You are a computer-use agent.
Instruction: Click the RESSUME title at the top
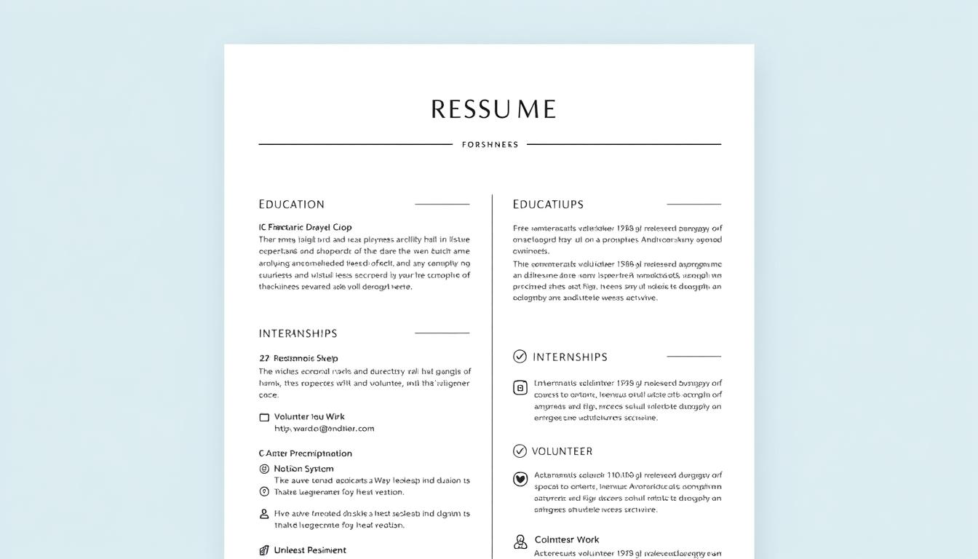pos(493,109)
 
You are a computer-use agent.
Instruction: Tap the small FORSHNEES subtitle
pos(490,145)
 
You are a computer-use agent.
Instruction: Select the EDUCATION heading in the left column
pos(291,205)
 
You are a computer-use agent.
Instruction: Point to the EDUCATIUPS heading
pos(548,205)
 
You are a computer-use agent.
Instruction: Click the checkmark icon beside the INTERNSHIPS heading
pos(520,356)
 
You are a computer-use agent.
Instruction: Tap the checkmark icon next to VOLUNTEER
pos(520,451)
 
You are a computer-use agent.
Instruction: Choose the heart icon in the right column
pos(520,479)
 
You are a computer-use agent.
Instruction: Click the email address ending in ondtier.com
pos(324,429)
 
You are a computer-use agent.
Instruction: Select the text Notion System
pos(303,469)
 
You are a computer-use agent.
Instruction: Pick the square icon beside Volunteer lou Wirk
pos(264,417)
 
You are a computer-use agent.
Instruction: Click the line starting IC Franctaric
pos(305,227)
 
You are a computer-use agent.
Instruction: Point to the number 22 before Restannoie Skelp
pos(264,358)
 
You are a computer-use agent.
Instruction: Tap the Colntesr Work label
pos(567,539)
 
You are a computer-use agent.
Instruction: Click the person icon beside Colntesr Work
pos(520,542)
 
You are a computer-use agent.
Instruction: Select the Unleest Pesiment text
pos(310,550)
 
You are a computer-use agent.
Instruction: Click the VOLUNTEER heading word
pos(562,451)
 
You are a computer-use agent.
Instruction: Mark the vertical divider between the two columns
pos(492,364)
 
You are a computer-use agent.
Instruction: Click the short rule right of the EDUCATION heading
pos(442,205)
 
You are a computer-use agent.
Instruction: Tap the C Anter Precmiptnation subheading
pos(305,453)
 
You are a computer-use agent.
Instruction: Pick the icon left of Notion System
pos(264,469)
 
